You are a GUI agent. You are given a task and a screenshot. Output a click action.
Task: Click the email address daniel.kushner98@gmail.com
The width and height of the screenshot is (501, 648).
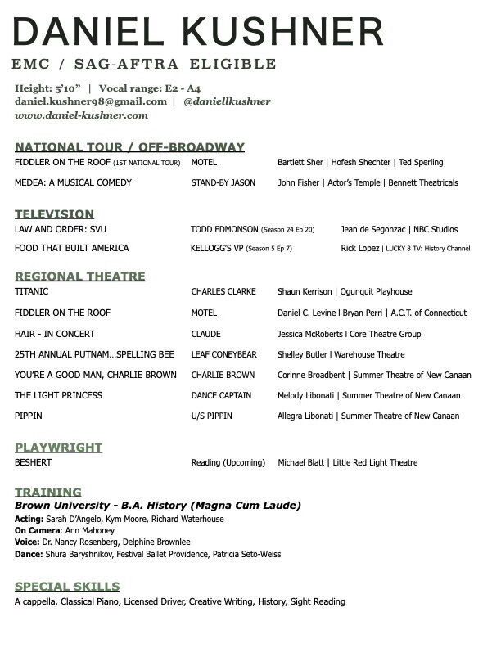pos(91,101)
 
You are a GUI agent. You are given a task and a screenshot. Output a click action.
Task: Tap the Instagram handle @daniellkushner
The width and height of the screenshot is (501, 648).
pos(227,101)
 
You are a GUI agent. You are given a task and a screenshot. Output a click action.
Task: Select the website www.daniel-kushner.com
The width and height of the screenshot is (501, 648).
pos(81,116)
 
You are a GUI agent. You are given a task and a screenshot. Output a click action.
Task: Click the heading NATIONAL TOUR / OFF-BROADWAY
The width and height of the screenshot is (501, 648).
pos(129,147)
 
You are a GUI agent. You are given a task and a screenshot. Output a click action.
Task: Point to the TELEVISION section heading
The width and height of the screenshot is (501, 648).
pos(54,214)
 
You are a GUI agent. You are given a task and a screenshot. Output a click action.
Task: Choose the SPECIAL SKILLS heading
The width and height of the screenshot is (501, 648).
pos(67,587)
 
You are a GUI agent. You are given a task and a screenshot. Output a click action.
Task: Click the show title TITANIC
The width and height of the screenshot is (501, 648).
pos(32,291)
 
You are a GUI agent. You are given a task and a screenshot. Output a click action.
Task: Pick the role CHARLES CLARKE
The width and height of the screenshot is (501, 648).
pos(223,291)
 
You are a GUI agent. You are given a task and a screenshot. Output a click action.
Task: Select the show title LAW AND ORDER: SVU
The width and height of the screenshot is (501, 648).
pos(60,230)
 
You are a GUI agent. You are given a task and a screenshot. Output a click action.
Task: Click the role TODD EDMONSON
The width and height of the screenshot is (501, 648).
pos(224,230)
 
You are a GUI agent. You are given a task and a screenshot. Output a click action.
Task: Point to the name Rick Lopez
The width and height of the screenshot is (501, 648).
pos(359,249)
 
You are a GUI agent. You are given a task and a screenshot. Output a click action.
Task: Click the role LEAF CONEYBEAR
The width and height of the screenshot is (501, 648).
pos(223,354)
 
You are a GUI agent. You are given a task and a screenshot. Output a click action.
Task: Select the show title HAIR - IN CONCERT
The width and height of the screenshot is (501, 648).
pos(55,334)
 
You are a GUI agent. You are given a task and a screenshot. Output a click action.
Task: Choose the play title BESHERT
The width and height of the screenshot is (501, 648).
pos(34,462)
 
